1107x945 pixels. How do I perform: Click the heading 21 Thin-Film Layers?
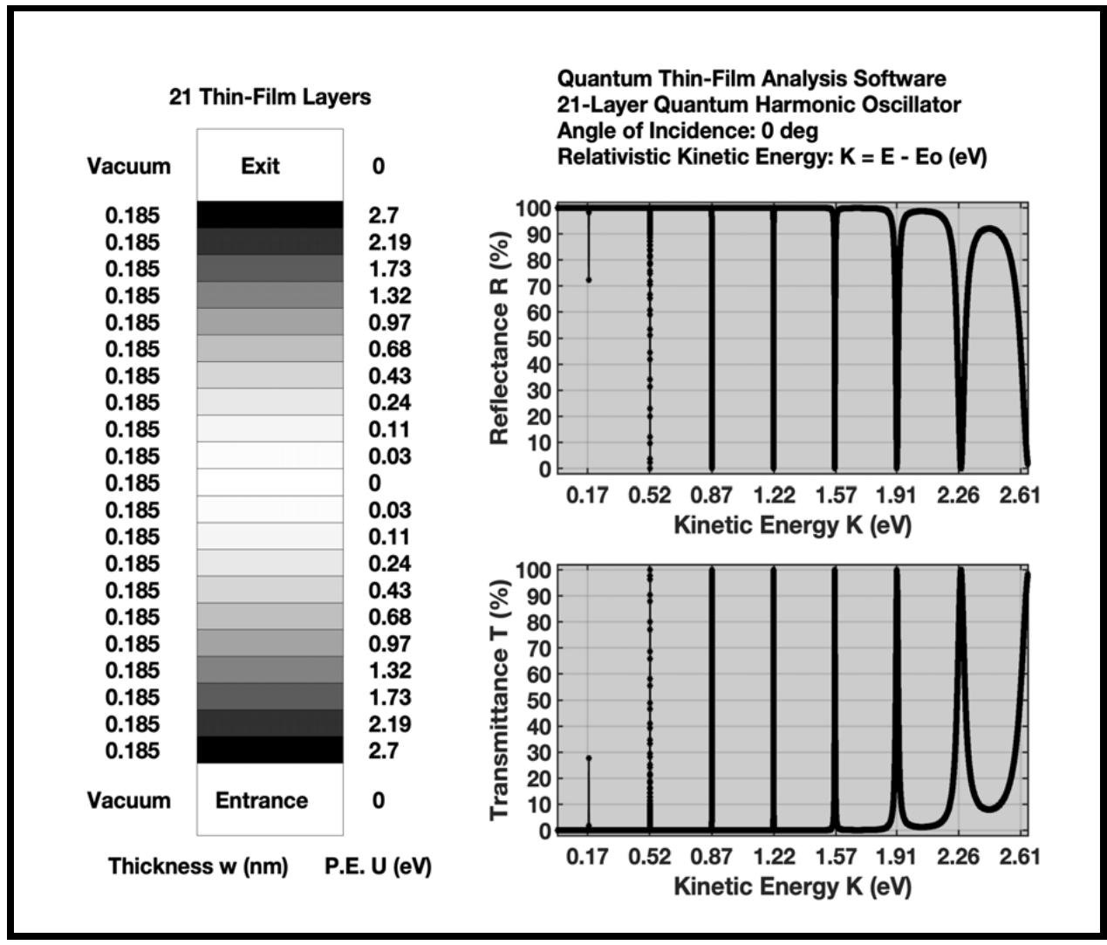click(x=270, y=98)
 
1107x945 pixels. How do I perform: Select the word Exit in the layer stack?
click(x=260, y=166)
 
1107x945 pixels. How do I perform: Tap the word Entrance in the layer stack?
click(x=262, y=800)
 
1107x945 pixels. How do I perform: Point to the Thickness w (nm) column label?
click(x=198, y=866)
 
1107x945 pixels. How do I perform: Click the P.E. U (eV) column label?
click(x=378, y=866)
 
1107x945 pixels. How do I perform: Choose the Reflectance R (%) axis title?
click(x=501, y=338)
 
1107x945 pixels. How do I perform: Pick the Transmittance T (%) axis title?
click(x=501, y=700)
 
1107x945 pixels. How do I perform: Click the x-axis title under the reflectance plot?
click(x=792, y=526)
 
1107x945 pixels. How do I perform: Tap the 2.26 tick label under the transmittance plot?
click(x=959, y=857)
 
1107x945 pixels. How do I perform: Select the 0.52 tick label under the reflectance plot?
click(x=649, y=496)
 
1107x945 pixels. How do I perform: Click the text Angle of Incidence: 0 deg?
click(x=687, y=132)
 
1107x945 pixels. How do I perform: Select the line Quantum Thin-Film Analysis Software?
click(x=751, y=79)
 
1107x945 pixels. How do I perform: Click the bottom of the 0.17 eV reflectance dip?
click(x=589, y=280)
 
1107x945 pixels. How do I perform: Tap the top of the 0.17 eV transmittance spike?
click(x=589, y=758)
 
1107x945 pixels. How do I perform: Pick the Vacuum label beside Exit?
click(x=129, y=166)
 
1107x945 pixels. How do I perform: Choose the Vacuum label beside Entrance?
click(x=129, y=800)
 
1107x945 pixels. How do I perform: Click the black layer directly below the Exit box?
click(x=270, y=215)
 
